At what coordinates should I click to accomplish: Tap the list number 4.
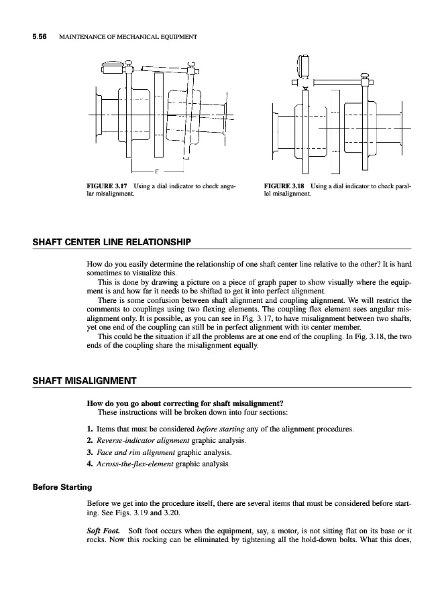click(x=90, y=463)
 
